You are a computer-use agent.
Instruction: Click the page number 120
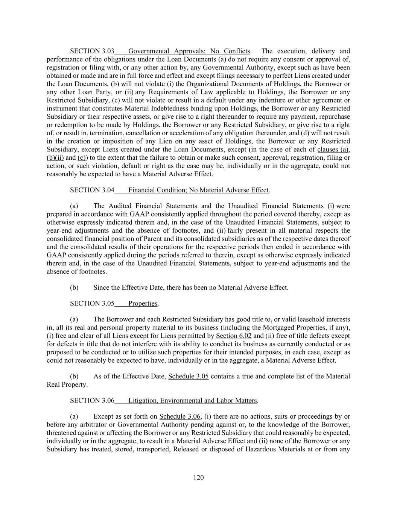point(198,477)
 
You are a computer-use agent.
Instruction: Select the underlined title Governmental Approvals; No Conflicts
point(189,51)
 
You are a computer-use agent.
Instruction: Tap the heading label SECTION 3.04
point(92,190)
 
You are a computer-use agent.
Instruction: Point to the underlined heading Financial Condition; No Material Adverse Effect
point(198,190)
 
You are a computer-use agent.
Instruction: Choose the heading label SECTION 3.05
point(92,303)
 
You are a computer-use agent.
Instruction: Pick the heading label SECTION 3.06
point(92,401)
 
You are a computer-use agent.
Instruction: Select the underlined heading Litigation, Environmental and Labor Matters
point(192,401)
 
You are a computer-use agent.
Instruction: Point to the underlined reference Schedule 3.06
point(180,416)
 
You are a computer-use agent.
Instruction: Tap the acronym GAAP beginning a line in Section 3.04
point(56,255)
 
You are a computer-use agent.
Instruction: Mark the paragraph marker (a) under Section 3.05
point(74,319)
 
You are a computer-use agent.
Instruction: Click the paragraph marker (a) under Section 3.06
point(74,416)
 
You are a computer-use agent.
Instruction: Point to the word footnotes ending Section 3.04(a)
point(93,271)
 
